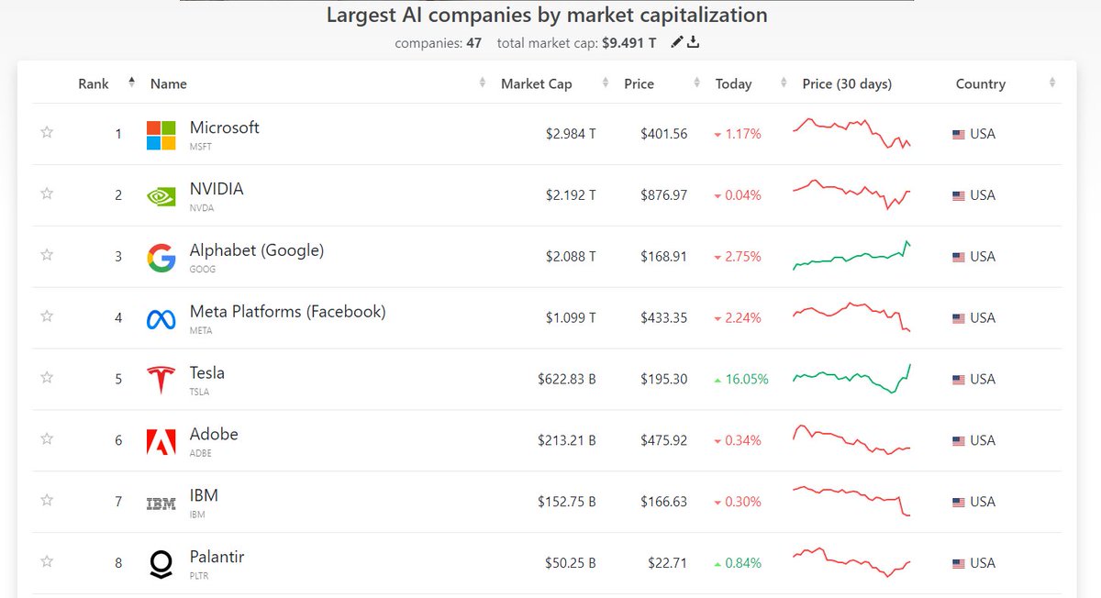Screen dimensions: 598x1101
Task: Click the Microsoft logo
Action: (x=161, y=135)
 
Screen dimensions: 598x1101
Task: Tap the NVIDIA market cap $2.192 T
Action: (x=570, y=195)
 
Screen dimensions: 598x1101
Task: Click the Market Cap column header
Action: (x=536, y=83)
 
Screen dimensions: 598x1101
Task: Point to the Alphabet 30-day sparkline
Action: (x=851, y=257)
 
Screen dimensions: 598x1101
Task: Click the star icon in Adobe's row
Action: (x=47, y=439)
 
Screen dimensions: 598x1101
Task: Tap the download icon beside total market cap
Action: (x=694, y=42)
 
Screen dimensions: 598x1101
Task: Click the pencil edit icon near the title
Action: (x=677, y=42)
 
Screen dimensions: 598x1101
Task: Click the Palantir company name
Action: (x=217, y=557)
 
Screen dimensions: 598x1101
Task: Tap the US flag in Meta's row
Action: (x=959, y=318)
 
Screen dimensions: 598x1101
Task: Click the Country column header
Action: (x=980, y=83)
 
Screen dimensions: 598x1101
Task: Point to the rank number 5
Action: (x=117, y=380)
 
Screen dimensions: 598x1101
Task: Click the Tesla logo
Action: (x=161, y=379)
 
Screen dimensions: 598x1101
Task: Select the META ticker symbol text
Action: (x=200, y=331)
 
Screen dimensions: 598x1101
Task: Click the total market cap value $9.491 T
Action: (x=628, y=43)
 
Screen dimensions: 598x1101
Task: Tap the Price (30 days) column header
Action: (x=846, y=83)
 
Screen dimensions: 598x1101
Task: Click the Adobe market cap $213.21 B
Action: (x=566, y=441)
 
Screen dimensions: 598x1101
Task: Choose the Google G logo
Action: (x=161, y=258)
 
